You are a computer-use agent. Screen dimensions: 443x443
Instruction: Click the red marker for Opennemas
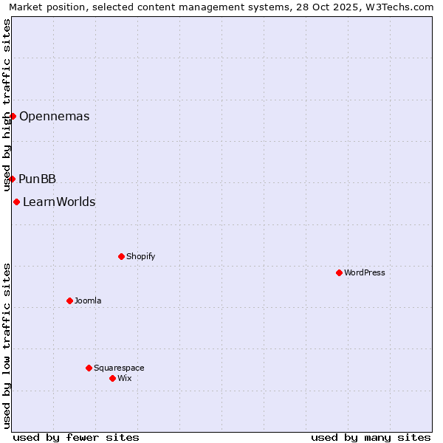[13, 116]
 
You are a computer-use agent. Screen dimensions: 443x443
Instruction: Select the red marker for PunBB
[12, 179]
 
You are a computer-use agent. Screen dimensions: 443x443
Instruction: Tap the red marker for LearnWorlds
[16, 202]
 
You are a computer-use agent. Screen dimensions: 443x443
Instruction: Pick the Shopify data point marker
[121, 256]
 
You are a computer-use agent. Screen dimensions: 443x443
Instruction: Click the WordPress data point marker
[339, 272]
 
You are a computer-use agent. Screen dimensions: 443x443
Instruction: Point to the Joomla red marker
[69, 301]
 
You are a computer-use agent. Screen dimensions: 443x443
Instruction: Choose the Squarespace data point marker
[89, 368]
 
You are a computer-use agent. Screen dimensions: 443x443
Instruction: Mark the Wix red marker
[112, 378]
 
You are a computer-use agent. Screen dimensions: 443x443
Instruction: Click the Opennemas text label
[54, 117]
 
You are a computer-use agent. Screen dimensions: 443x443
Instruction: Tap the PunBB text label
[37, 179]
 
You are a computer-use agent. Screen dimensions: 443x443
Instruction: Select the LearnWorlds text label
[59, 202]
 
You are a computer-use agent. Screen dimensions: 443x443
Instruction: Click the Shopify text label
[140, 257]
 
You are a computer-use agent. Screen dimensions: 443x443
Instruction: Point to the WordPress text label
[364, 273]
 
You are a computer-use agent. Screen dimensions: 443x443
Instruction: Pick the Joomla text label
[88, 301]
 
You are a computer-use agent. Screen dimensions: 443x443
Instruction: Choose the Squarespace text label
[119, 368]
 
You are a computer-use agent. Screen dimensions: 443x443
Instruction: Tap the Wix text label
[124, 379]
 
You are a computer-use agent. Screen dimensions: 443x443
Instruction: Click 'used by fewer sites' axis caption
[76, 437]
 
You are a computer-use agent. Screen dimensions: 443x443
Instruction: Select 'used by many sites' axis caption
[371, 437]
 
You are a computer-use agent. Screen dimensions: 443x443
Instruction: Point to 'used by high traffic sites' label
[7, 103]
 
